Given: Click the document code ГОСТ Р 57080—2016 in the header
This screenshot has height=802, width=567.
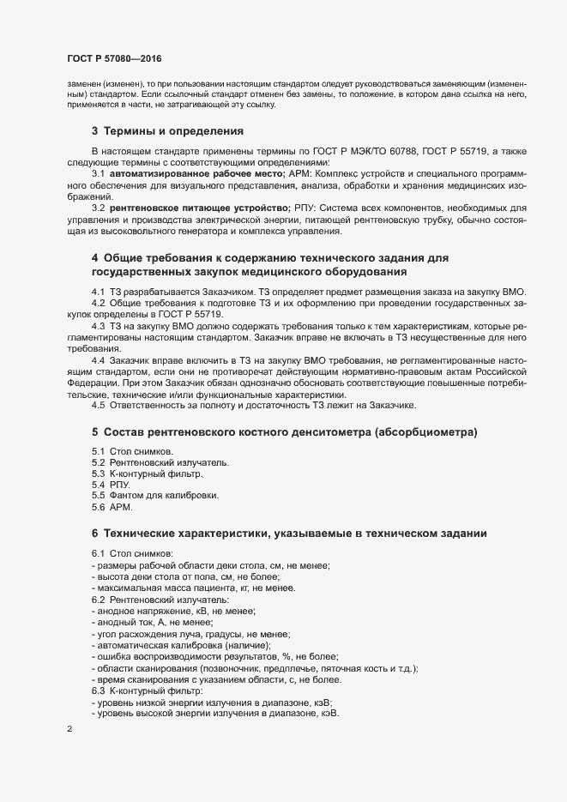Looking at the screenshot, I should [x=113, y=58].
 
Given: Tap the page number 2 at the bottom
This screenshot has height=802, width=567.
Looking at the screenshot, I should [x=69, y=730].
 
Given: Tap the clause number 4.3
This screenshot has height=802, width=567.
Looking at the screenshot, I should [x=99, y=328].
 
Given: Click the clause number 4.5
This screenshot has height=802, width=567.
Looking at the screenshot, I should [x=99, y=405].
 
